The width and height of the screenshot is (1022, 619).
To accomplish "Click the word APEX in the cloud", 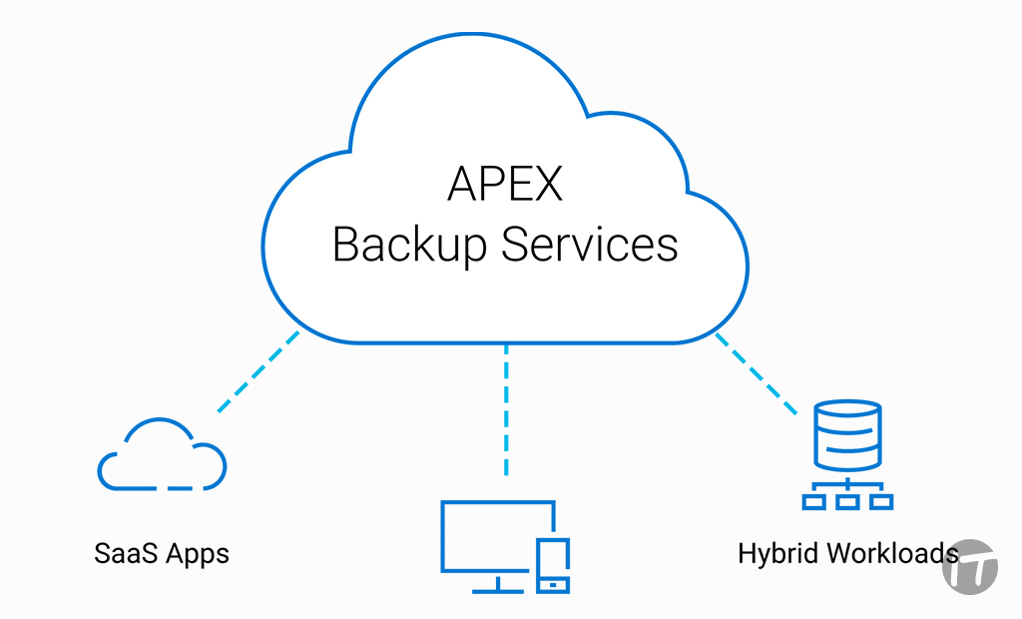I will [x=505, y=184].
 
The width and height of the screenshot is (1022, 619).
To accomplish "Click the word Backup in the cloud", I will [x=410, y=245].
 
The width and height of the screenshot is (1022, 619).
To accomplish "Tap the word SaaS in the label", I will [x=127, y=554].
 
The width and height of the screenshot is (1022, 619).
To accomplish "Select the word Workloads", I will [x=889, y=553].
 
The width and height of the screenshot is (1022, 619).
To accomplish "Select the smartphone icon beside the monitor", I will [x=553, y=565].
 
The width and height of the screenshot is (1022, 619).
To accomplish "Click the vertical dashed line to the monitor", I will [x=506, y=409].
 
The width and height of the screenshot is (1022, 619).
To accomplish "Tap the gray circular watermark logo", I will [x=970, y=566].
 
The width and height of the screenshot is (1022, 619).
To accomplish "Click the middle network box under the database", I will [x=847, y=502].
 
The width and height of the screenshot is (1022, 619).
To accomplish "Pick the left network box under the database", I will [x=814, y=502].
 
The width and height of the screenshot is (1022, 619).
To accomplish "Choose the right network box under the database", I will [x=880, y=502].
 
